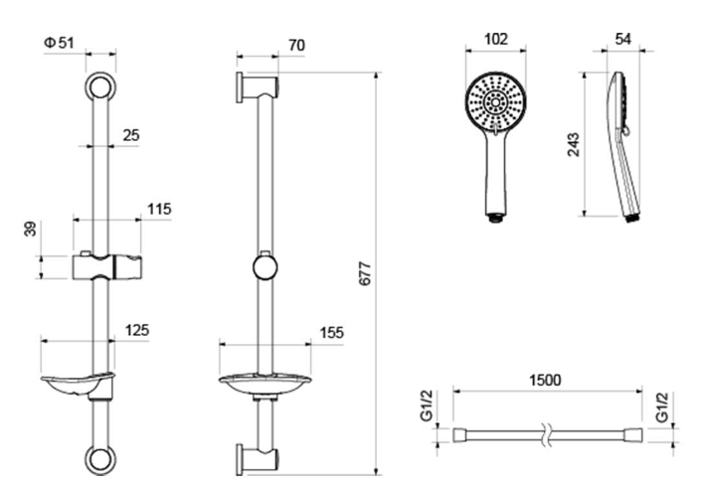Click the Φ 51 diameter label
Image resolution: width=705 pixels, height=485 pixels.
click(59, 43)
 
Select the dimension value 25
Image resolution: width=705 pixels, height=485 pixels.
click(131, 135)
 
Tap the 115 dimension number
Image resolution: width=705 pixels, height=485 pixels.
click(159, 209)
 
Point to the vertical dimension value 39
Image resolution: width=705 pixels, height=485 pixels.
click(30, 230)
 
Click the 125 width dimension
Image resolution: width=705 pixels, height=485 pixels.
click(136, 330)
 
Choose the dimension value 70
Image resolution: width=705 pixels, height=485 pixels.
click(296, 46)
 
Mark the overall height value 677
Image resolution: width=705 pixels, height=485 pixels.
click(365, 273)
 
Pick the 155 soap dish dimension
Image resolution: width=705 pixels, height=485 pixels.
click(331, 333)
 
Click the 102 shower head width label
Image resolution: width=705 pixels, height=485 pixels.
click(495, 40)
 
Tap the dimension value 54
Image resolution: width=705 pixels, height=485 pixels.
click(622, 40)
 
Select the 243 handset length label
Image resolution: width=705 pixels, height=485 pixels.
click(574, 145)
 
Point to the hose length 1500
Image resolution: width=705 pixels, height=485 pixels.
click(545, 381)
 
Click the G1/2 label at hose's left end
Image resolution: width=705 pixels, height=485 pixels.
click(427, 405)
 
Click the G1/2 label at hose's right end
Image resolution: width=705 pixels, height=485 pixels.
click(662, 407)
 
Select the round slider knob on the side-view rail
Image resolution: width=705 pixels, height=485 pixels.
click(265, 267)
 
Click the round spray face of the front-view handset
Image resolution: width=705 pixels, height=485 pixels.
click(495, 102)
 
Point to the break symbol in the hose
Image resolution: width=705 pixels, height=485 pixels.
click(545, 434)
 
